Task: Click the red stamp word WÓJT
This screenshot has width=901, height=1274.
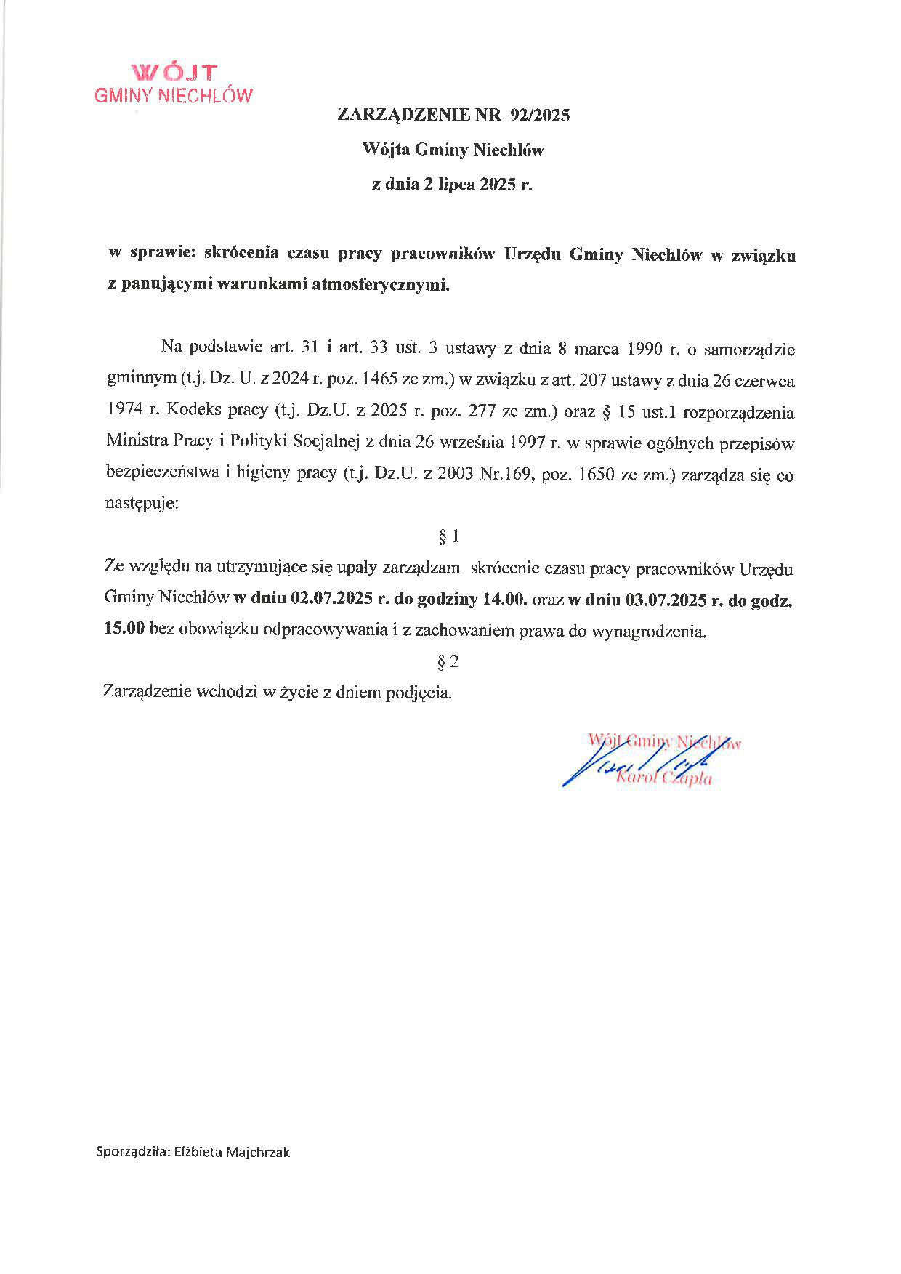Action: pos(174,73)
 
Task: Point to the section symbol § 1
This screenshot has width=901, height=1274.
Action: pos(449,537)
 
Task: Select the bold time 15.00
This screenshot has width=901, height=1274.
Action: pos(125,631)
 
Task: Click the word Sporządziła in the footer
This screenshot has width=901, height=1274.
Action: pos(133,1152)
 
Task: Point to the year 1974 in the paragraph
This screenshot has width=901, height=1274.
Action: pos(124,411)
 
